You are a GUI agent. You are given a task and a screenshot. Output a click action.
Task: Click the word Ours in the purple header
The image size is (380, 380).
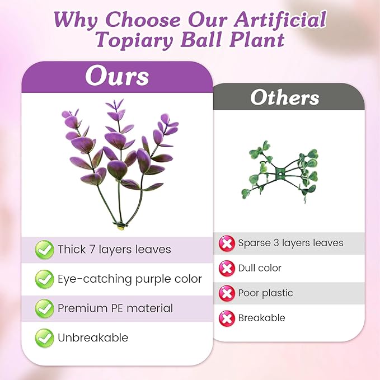[117, 76]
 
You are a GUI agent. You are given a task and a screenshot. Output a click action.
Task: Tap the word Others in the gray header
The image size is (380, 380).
[285, 97]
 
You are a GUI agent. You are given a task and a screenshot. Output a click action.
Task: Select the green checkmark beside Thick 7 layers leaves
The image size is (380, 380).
[44, 250]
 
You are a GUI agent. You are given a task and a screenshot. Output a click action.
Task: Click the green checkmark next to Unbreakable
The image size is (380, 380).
[44, 338]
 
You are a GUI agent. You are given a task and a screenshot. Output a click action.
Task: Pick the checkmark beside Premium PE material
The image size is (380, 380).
[44, 308]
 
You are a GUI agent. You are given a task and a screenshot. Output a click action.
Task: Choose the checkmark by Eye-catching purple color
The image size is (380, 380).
[44, 279]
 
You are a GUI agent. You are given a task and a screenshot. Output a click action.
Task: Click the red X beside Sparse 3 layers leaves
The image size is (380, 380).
[227, 243]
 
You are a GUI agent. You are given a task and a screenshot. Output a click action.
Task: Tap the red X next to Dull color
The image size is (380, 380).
[227, 269]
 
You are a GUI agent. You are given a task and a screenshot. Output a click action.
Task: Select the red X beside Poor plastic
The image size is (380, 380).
[227, 293]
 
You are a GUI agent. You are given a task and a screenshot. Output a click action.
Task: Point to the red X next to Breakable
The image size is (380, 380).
[227, 318]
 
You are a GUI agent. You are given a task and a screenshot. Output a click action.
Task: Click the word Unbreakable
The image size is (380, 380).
[93, 337]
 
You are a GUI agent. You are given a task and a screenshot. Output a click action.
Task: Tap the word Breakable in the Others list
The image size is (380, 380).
[262, 318]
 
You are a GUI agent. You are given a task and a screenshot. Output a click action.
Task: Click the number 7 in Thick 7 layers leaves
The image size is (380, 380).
[92, 250]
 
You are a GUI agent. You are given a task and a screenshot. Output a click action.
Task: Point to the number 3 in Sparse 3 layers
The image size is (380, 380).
[276, 243]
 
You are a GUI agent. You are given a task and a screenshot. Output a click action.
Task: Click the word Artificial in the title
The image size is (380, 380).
[280, 19]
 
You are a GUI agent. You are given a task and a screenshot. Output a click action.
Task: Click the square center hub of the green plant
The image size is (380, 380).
[280, 173]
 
